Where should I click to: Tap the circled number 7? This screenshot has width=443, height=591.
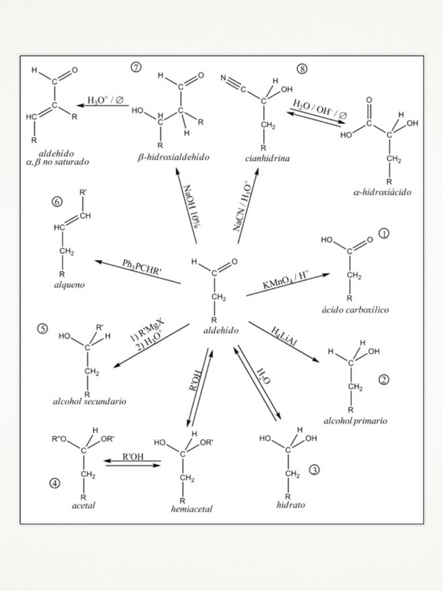(x=136, y=67)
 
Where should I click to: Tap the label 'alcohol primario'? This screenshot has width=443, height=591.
(x=356, y=421)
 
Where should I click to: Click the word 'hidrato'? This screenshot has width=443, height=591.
(x=291, y=503)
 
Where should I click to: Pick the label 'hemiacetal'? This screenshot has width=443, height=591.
(x=192, y=509)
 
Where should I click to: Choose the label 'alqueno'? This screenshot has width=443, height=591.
(x=65, y=286)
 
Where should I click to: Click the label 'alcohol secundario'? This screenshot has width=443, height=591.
(x=90, y=402)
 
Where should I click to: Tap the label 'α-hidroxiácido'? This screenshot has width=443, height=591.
(x=382, y=192)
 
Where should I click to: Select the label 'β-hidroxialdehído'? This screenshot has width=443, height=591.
(x=173, y=159)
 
